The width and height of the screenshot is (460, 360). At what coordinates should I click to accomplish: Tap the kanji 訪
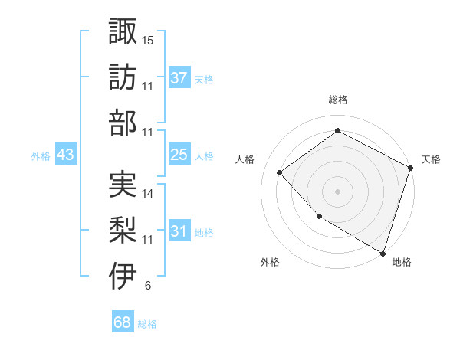tap(123, 77)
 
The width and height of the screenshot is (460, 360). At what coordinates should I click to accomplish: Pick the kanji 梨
tap(123, 231)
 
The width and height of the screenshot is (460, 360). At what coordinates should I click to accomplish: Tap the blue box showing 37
tap(179, 78)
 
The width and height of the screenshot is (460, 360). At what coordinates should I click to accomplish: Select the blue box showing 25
tap(179, 155)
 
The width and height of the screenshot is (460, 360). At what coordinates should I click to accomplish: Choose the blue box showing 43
tap(66, 155)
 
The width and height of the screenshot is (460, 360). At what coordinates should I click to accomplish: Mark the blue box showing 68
tap(123, 322)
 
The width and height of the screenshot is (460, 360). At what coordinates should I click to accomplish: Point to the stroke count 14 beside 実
tap(149, 194)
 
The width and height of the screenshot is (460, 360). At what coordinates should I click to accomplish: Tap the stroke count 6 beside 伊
tap(147, 286)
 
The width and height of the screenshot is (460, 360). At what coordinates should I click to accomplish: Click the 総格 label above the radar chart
tap(337, 100)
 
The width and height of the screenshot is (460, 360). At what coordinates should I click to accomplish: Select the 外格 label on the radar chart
tap(270, 262)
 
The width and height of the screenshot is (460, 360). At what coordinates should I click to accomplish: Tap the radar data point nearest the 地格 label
tap(383, 253)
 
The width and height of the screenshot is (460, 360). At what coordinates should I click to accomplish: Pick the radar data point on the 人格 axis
tap(280, 172)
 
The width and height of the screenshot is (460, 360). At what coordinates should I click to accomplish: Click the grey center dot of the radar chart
tap(337, 191)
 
